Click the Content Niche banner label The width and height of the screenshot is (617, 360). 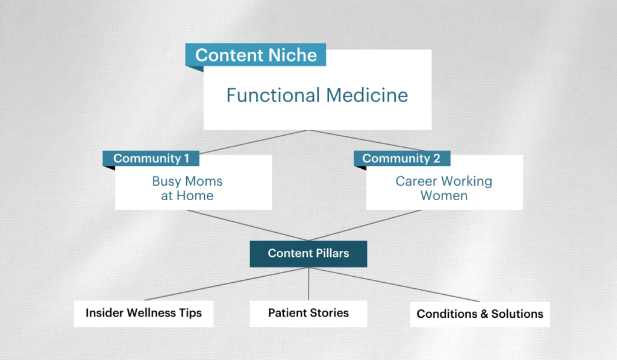(x=255, y=55)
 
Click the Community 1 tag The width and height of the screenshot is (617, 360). (x=151, y=159)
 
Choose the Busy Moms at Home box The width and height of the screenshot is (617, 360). (x=187, y=188)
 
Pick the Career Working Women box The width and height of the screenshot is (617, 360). (x=444, y=188)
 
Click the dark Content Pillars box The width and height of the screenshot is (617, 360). (x=308, y=253)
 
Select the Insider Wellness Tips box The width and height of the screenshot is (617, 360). (x=143, y=313)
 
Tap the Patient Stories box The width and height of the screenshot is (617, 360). (x=308, y=313)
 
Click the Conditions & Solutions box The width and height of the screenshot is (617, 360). (x=480, y=314)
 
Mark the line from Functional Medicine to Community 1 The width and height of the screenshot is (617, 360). (x=252, y=141)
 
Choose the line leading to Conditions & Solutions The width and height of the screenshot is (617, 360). (x=395, y=284)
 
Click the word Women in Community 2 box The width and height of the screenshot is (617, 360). (x=444, y=195)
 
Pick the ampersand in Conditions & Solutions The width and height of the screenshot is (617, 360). (x=474, y=314)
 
